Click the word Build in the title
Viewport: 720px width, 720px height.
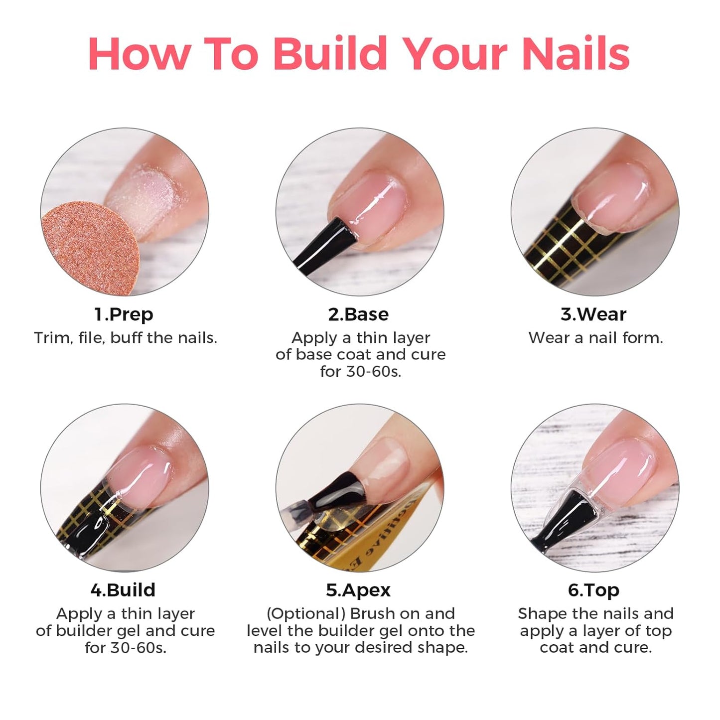pos(330,53)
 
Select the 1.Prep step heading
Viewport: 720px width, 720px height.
pos(124,314)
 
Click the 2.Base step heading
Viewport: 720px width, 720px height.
pos(358,314)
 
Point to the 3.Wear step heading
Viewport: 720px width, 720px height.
pos(593,314)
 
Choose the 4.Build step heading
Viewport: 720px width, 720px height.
pos(123,590)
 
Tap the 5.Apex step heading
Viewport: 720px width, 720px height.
pos(358,590)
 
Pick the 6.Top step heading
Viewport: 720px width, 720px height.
pos(593,590)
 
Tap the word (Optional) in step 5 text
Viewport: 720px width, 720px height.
pos(306,614)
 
